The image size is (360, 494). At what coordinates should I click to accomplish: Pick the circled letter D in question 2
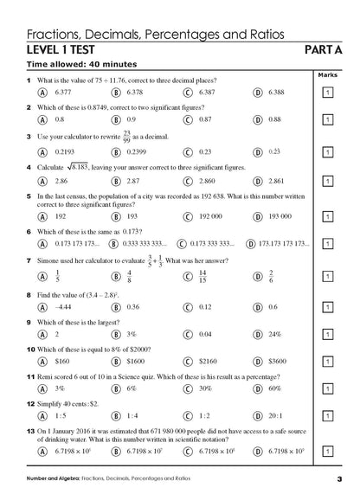pos(258,119)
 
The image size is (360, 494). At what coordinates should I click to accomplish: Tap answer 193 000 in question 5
pos(280,217)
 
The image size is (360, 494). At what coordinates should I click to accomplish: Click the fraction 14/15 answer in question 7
pos(202,275)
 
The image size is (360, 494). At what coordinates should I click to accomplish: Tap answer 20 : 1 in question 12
pos(277,416)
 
